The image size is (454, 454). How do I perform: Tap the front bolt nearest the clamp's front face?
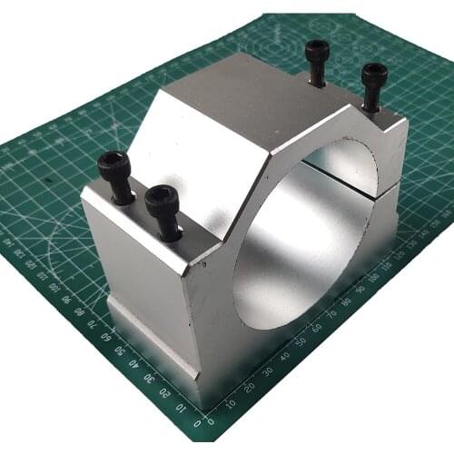(163, 199)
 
